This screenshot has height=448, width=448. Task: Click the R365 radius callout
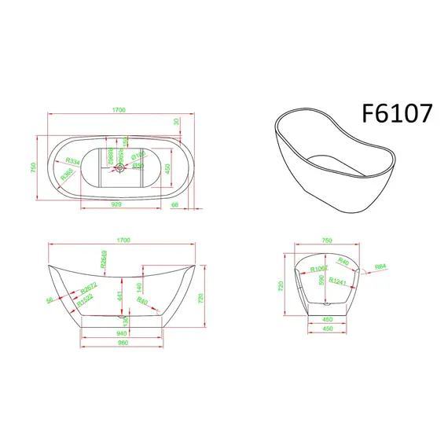[68, 171]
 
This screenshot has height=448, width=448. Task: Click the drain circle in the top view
[119, 167]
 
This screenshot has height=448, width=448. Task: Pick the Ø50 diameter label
[137, 166]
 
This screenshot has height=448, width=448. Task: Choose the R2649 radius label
[104, 259]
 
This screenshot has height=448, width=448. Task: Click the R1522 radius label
[84, 299]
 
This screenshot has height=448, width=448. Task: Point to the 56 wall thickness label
[49, 299]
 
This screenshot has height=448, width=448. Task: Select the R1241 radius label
[338, 281]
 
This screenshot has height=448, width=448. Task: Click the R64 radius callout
[379, 266]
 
